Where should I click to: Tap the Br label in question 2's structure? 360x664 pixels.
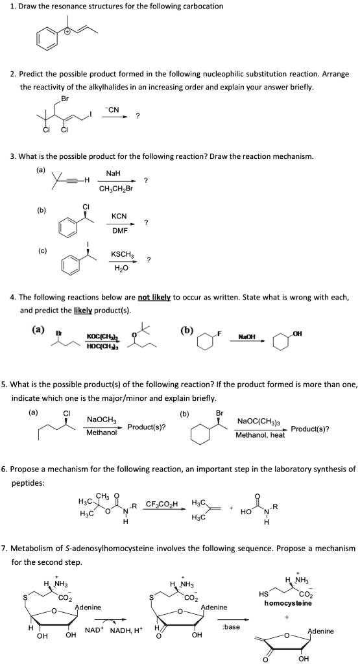click(x=64, y=99)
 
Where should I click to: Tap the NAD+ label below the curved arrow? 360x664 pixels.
click(x=94, y=630)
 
